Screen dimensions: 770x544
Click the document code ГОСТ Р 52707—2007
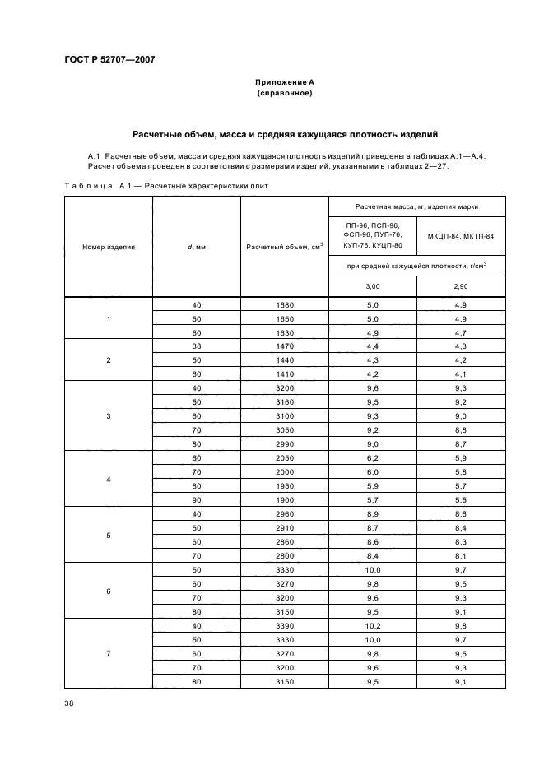coord(109,60)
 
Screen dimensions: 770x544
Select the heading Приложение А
coord(285,83)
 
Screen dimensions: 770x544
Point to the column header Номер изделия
coord(109,246)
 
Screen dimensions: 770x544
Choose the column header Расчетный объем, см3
coord(285,246)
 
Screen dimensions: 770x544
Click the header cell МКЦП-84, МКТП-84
coord(461,236)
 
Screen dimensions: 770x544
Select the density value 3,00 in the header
coord(373,286)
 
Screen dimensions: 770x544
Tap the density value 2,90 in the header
coord(461,286)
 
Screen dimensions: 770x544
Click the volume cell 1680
coord(285,304)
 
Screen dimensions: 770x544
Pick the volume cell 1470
coord(285,346)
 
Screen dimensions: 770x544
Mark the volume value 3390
coord(285,625)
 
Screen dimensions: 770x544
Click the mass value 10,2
coord(373,625)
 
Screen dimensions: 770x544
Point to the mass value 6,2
coord(373,457)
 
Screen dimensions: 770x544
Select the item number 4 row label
coord(109,479)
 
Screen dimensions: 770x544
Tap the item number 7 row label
coord(109,653)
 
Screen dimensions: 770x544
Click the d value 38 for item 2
coord(197,346)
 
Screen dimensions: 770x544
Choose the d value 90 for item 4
coord(197,499)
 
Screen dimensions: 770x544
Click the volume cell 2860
coord(285,542)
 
